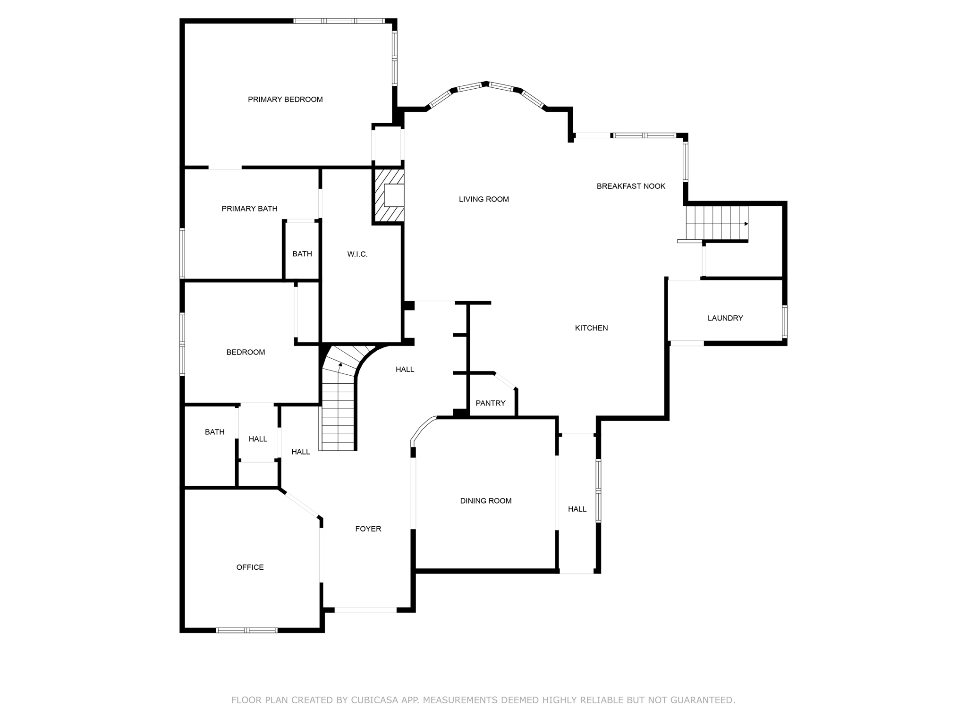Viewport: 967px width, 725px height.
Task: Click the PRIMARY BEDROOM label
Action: point(285,100)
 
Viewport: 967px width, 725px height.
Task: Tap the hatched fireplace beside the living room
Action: point(389,196)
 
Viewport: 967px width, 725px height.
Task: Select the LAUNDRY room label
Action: point(725,318)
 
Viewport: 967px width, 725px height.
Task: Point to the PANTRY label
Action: point(490,403)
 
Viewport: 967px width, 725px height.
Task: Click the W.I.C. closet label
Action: point(357,254)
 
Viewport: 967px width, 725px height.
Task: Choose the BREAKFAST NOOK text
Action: point(630,186)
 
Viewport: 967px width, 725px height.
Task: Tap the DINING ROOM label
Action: point(485,501)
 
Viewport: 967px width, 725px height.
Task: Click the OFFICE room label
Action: point(250,567)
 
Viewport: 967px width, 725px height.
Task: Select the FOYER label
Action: point(368,529)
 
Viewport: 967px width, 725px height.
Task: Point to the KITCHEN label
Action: point(591,328)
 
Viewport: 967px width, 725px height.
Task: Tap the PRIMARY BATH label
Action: point(249,209)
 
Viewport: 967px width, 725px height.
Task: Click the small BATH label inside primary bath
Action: point(302,254)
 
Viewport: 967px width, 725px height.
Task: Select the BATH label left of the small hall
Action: point(214,432)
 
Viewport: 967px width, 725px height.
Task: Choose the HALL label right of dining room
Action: point(577,509)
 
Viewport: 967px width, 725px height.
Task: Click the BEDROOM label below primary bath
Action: point(246,352)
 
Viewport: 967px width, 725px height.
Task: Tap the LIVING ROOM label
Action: point(483,199)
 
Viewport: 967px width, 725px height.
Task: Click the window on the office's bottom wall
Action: point(246,630)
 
